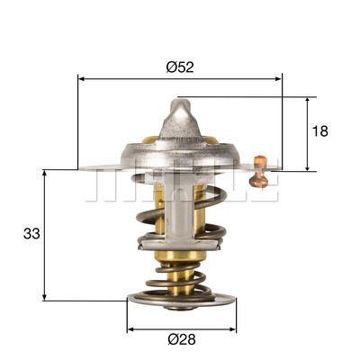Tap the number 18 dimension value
coord(319,131)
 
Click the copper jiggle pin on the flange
coord(260,171)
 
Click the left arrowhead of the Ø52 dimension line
coord(84,79)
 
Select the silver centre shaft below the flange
coord(179,216)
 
